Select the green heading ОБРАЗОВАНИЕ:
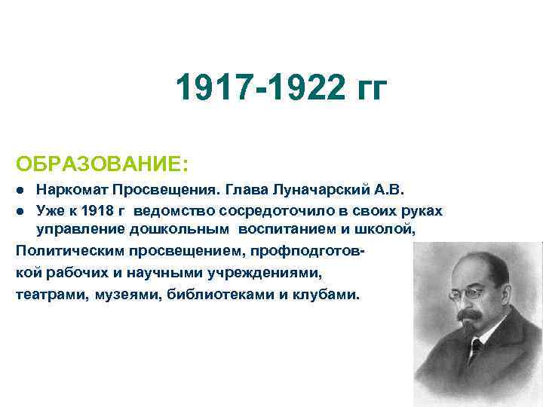click(x=103, y=164)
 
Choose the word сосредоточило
click(x=281, y=209)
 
